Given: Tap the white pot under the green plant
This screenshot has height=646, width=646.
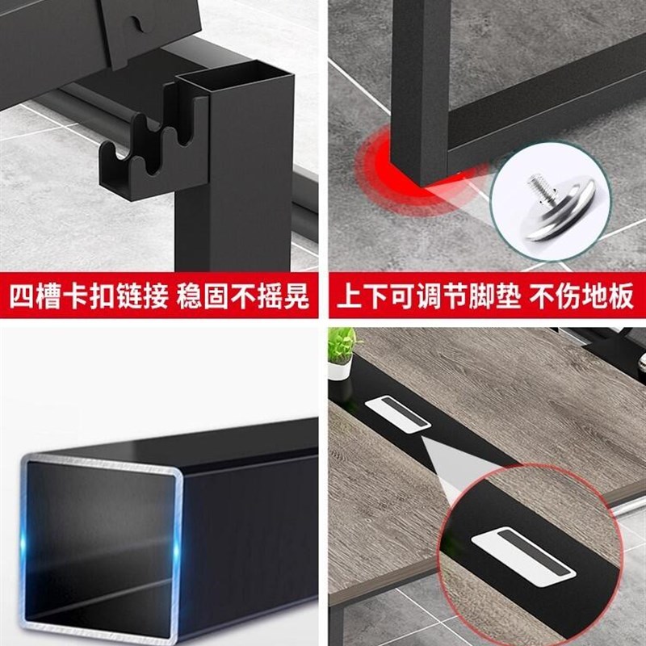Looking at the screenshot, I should (339, 370).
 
